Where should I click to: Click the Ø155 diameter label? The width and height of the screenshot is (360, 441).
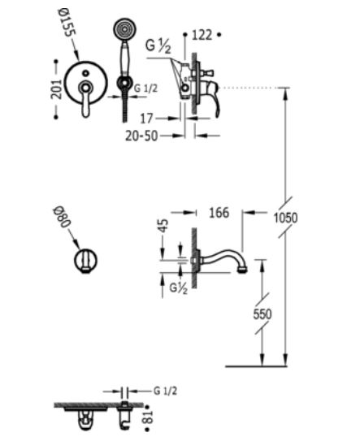point(67,23)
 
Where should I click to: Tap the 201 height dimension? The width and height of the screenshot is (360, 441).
point(56,89)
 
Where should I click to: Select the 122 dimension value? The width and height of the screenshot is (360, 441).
point(202,35)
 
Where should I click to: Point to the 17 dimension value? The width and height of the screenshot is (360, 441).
point(146,119)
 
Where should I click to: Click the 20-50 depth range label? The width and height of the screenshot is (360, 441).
point(141,136)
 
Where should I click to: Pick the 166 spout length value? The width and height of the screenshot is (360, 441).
point(219,213)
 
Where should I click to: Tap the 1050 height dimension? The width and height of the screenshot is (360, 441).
point(285,218)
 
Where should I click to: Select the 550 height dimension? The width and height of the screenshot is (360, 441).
point(262,313)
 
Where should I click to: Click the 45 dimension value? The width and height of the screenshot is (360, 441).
point(163,226)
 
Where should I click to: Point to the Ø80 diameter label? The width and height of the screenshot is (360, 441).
point(62,218)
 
